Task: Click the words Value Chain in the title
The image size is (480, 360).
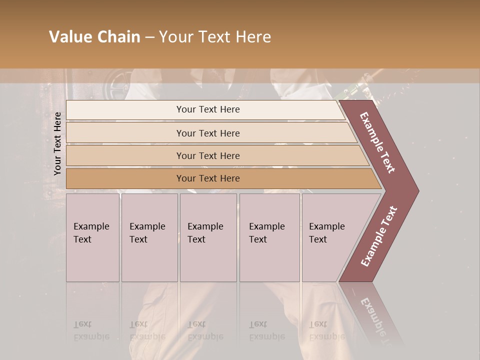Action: [94, 37]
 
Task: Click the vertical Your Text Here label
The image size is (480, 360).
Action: [58, 143]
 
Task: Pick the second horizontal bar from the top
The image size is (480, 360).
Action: [210, 133]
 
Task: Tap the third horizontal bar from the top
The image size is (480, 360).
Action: [215, 155]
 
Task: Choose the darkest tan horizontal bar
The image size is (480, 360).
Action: [220, 178]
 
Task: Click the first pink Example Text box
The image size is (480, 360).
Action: [92, 237]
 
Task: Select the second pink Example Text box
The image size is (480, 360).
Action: [149, 237]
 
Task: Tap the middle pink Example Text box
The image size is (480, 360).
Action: [208, 237]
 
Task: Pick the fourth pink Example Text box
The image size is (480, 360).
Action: [269, 237]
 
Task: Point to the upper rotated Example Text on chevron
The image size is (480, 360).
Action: [378, 142]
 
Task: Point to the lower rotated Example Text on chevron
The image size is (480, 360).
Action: [379, 236]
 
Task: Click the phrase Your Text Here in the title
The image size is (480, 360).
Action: [215, 37]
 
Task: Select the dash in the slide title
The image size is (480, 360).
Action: [149, 37]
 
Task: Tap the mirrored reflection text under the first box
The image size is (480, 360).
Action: [91, 330]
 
